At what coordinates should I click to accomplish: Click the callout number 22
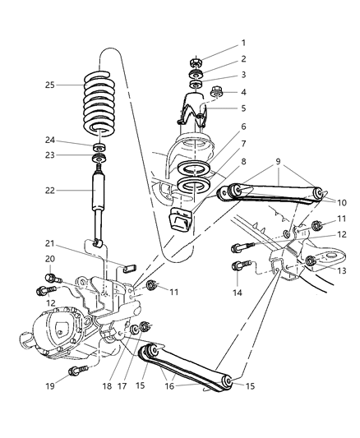point(51,191)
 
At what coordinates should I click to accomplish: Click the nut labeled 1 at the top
point(196,62)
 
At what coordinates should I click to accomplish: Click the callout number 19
point(51,384)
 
